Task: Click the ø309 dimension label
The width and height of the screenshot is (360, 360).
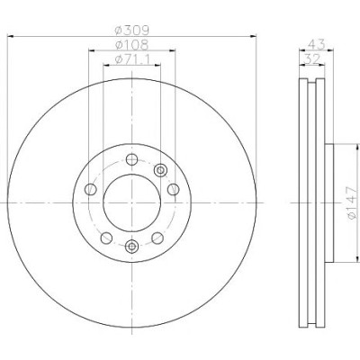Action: coord(132,30)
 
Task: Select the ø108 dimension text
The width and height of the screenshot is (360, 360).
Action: coord(132,45)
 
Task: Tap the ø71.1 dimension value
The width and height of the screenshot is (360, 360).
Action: coord(132,59)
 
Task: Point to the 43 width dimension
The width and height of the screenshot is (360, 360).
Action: coord(317,45)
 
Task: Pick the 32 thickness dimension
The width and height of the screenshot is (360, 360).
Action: coord(312,59)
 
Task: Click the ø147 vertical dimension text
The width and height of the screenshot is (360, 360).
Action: coord(352,202)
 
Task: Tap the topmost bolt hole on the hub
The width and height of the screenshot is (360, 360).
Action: coord(131,159)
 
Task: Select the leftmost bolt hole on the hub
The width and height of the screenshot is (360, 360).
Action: coord(90,189)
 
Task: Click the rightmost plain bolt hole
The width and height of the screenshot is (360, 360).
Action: coord(173,189)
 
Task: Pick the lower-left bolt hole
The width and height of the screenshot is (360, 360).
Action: coord(106,238)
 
